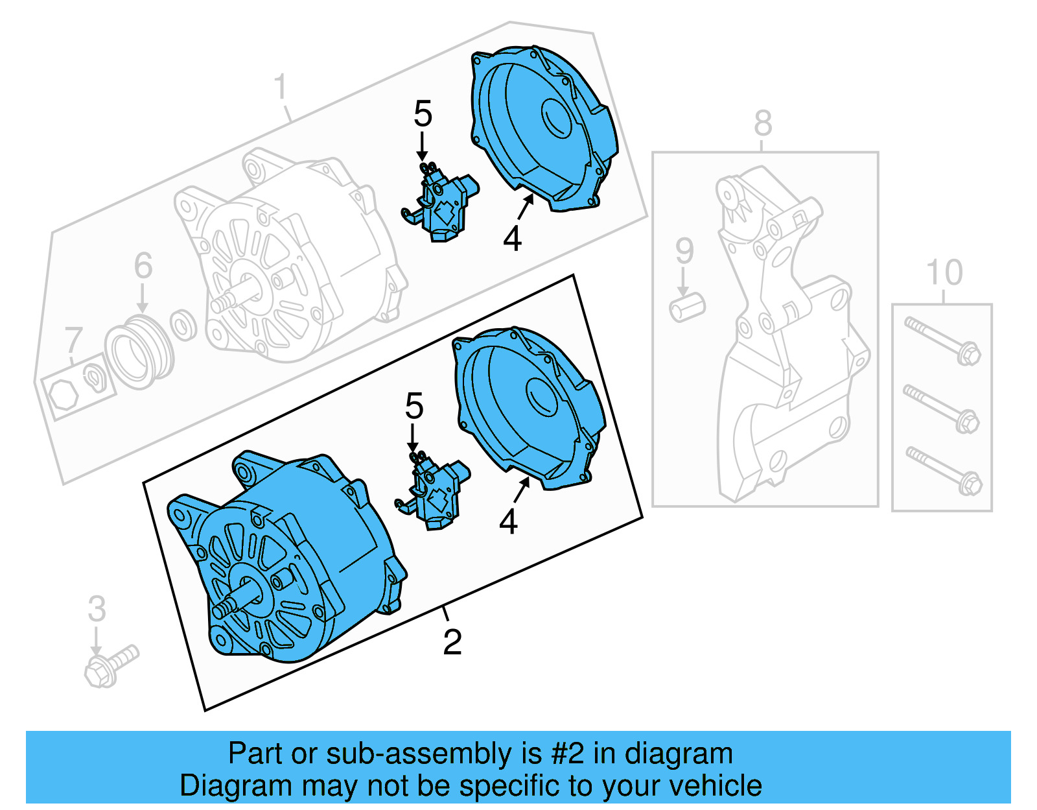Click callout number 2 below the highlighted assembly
[452, 642]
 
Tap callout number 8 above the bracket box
[763, 123]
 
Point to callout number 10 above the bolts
[944, 272]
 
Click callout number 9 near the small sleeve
[684, 251]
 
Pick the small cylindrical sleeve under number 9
[687, 307]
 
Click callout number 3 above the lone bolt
[97, 608]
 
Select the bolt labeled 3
[110, 666]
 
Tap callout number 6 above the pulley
[143, 266]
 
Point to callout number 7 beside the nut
[74, 340]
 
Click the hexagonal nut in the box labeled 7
[64, 394]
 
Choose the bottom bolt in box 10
[943, 470]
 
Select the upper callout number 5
[423, 114]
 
